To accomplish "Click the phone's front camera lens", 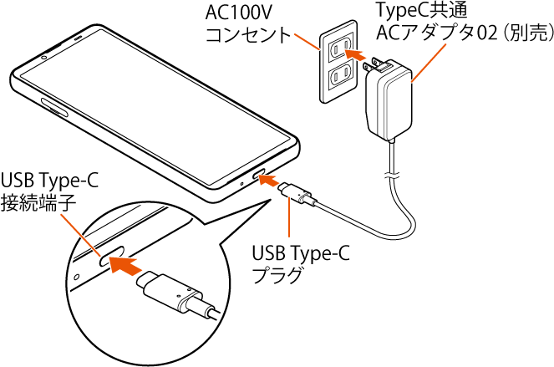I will point(43,58).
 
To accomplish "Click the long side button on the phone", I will point(53,108).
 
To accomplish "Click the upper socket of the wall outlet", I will point(338,50).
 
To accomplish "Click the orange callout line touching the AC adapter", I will point(429,63).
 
